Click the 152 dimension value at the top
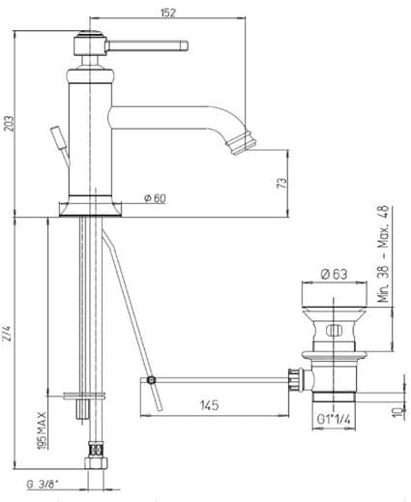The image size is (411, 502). [168, 13]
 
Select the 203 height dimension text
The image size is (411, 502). [10, 124]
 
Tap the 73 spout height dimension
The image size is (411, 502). [281, 183]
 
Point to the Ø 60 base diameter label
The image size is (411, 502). [155, 198]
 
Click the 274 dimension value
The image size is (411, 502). [9, 334]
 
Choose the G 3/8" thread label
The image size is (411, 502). [43, 484]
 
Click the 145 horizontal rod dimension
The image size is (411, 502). [210, 405]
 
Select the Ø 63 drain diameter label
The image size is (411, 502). [335, 274]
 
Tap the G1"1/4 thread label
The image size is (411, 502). [334, 419]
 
